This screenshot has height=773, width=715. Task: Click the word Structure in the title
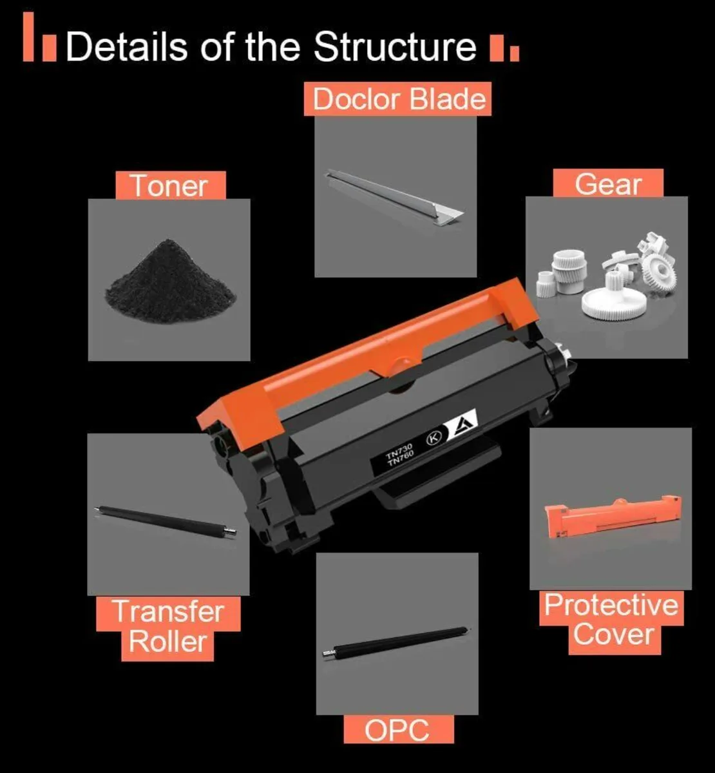(x=395, y=46)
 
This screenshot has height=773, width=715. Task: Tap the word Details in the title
(x=126, y=46)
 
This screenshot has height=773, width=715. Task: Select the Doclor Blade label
(x=397, y=99)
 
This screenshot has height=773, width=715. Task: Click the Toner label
(x=171, y=186)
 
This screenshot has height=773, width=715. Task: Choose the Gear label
(x=608, y=184)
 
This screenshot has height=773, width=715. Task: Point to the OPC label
(x=399, y=730)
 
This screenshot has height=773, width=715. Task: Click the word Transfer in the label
(x=169, y=611)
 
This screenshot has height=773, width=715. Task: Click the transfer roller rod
(x=166, y=522)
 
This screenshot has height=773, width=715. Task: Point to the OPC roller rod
(x=396, y=642)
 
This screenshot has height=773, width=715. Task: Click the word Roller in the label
(x=167, y=642)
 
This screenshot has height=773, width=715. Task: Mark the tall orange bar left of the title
(x=28, y=37)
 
